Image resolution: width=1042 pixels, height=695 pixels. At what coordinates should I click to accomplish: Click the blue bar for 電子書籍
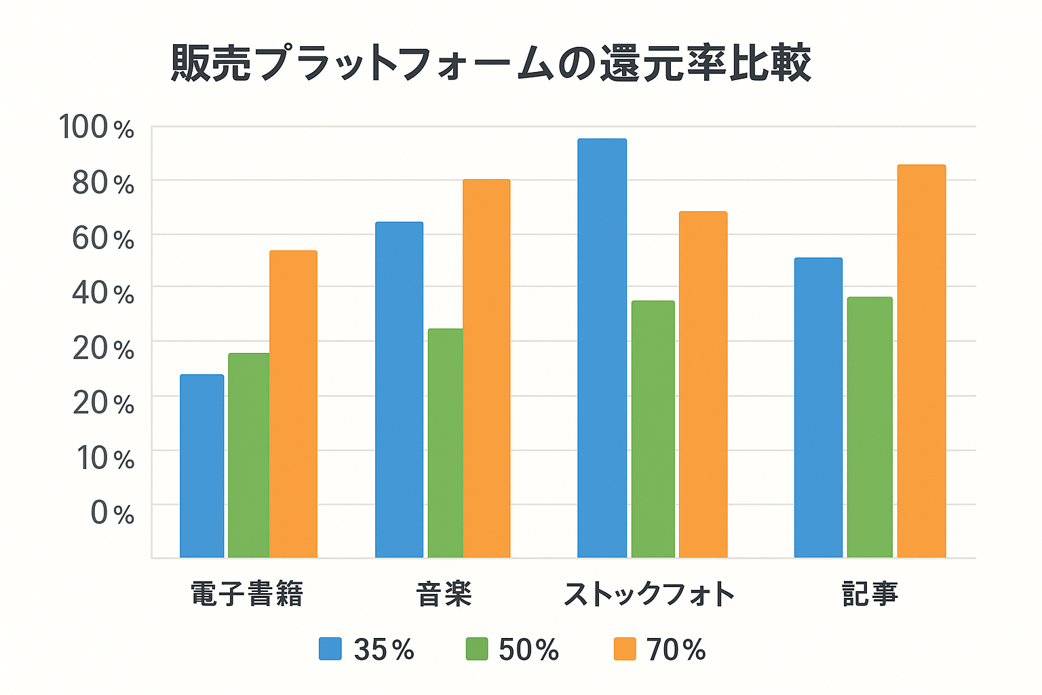pos(201,466)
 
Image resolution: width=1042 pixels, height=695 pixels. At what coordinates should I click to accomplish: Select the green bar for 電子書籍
pos(248,455)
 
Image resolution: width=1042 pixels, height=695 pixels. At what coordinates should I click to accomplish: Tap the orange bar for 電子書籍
pos(293,405)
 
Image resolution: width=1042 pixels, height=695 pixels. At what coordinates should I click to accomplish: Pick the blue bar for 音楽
pos(399,390)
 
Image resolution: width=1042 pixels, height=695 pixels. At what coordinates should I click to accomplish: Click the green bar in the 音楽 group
pos(445,443)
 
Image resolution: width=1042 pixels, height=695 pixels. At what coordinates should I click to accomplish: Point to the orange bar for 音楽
pos(486,369)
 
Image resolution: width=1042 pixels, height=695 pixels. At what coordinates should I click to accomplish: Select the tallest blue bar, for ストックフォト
pos(602,348)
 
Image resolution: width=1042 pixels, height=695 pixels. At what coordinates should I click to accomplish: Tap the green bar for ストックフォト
pos(653,429)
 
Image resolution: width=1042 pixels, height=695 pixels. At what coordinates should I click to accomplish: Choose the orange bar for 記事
pos(921,361)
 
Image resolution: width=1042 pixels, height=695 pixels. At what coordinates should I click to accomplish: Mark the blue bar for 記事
pos(818,408)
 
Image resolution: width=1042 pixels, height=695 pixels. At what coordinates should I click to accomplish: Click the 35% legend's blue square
pos(330,650)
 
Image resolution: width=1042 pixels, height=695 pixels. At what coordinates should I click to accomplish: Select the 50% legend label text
pos(528,650)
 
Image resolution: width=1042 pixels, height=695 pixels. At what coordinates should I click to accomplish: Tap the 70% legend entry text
pos(676,650)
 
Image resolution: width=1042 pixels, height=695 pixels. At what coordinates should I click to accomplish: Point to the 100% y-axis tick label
pos(96,128)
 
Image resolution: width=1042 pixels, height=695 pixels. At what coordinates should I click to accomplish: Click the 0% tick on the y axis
pos(113,513)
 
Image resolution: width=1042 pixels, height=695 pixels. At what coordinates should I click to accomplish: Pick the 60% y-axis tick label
pos(103,239)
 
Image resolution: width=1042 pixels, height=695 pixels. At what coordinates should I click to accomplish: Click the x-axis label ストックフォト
pos(649,595)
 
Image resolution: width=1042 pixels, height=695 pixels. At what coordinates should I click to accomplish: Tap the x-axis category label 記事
pos(870,595)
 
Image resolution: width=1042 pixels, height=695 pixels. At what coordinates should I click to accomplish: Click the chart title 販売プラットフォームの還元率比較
pos(490,63)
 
